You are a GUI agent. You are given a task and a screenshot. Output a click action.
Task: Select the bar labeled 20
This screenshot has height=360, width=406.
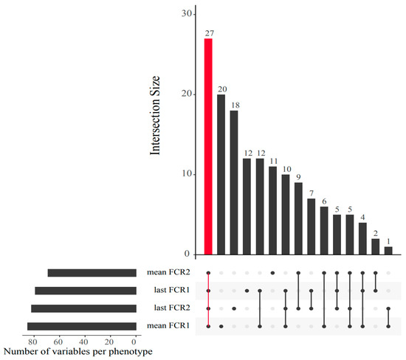pos(221,174)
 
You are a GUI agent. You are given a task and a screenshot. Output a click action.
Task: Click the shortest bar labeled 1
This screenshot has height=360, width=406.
pos(388,250)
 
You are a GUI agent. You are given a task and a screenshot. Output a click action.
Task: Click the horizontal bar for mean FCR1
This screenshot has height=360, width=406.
pos(81,326)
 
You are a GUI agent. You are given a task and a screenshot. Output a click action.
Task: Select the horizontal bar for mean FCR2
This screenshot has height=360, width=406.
pos(92,273)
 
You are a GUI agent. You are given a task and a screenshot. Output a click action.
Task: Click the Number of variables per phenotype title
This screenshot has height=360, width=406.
pos(78,353)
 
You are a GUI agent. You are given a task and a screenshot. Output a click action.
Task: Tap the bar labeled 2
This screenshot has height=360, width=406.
pos(376,246)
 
